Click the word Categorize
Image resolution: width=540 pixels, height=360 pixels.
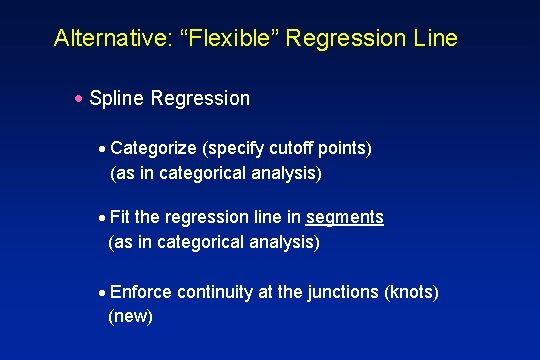[x=154, y=149]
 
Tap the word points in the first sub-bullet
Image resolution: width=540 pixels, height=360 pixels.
[x=341, y=149]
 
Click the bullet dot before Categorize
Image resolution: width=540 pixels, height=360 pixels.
[x=103, y=149]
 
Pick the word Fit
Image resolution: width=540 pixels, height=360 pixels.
[x=122, y=217]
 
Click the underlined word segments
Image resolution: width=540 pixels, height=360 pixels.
[x=345, y=217]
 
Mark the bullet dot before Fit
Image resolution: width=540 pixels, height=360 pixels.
[x=103, y=217]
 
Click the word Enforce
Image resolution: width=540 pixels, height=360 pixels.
[x=141, y=292]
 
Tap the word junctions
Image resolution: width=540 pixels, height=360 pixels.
[x=343, y=292]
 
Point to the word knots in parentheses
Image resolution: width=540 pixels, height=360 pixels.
[x=412, y=292]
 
